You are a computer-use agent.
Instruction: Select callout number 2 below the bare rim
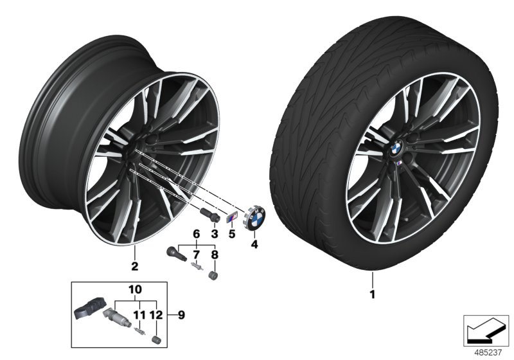(x=134, y=264)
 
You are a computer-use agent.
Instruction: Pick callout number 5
(x=232, y=235)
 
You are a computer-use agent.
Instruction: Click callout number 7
(x=197, y=255)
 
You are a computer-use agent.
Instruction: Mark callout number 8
(x=215, y=255)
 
